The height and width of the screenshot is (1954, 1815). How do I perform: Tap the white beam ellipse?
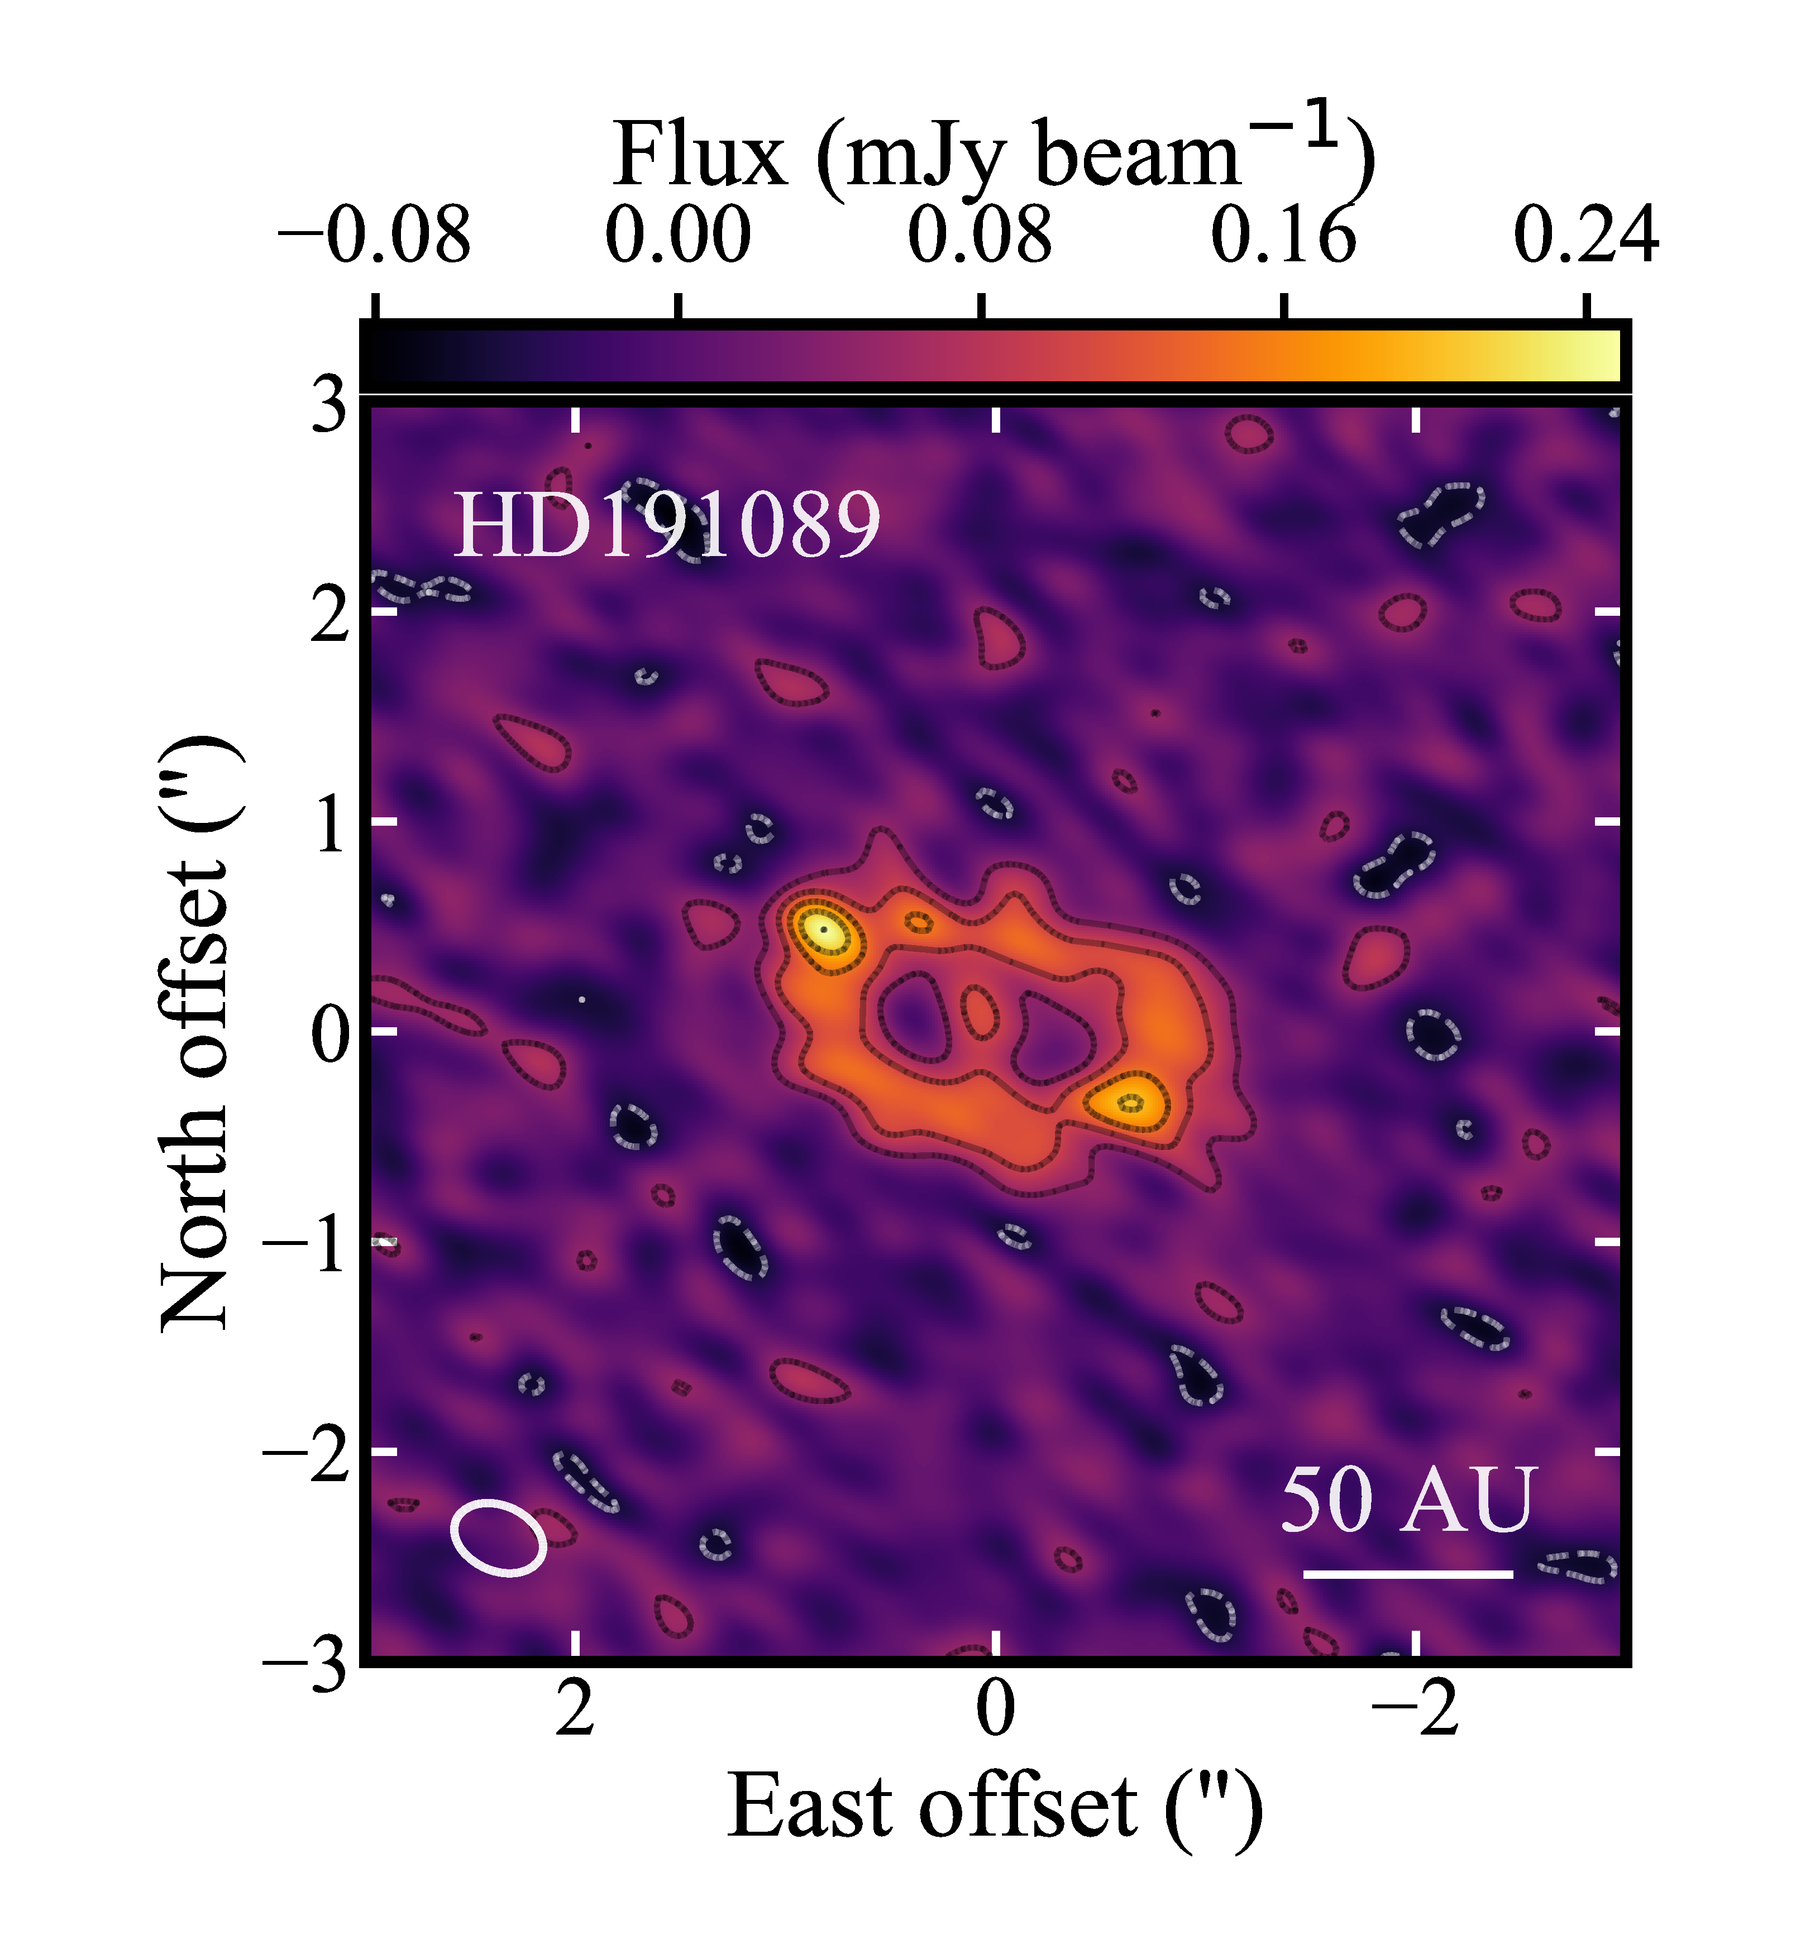point(498,1538)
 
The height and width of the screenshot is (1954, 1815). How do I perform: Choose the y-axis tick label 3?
point(329,405)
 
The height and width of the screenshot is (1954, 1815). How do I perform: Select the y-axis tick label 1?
point(329,823)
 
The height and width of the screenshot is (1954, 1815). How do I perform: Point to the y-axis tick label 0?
point(329,1033)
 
